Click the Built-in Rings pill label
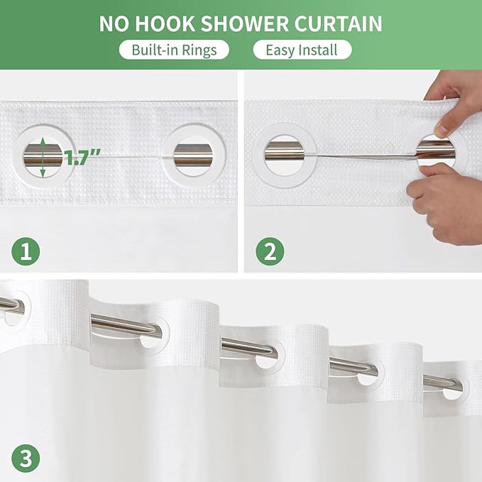pyautogui.click(x=173, y=50)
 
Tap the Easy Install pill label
pyautogui.click(x=302, y=50)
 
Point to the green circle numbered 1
pyautogui.click(x=26, y=251)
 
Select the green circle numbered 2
pyautogui.click(x=270, y=251)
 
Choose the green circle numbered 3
pyautogui.click(x=26, y=458)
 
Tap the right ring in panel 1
pyautogui.click(x=192, y=153)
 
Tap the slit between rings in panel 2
pyautogui.click(x=362, y=152)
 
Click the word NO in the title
pyautogui.click(x=114, y=23)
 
